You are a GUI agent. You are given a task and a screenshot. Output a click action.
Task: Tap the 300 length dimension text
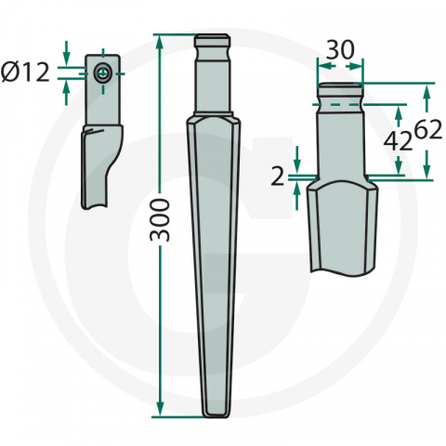pyautogui.click(x=160, y=219)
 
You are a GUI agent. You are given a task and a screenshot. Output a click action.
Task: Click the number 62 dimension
pyautogui.click(x=426, y=131)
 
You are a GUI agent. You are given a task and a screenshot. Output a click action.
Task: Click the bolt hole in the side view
pyautogui.click(x=101, y=72)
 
